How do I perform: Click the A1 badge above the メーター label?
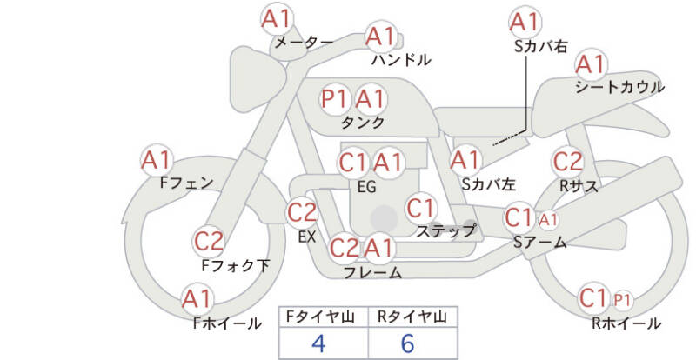point(276,18)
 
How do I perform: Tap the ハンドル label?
point(401,59)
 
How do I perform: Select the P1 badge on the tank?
point(334,99)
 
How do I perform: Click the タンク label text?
point(362,122)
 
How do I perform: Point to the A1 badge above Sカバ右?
point(525,23)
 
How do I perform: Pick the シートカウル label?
point(619,87)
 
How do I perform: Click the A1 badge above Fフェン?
point(157,160)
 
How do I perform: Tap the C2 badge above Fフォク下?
point(209,242)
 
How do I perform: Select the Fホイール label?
point(227,323)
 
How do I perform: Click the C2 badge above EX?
point(302,213)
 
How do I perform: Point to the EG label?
point(366,187)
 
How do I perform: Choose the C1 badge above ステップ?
point(420,208)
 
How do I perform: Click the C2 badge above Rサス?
point(568,162)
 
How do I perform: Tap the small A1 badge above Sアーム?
point(548,220)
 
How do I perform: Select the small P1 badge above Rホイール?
point(622,301)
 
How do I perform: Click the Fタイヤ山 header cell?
point(323,317)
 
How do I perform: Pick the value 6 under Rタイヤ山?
point(407,343)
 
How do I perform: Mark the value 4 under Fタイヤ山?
point(318,343)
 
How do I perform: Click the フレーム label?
point(373,272)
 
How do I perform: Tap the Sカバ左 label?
point(488,183)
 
